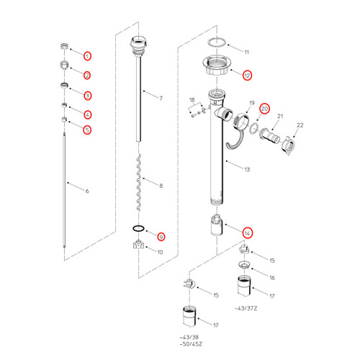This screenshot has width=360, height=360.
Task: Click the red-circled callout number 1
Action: tap(87, 55)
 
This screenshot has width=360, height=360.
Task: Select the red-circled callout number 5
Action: tap(87, 130)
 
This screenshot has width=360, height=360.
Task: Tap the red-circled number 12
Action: tap(247, 74)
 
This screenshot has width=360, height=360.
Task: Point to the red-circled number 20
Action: tap(264, 109)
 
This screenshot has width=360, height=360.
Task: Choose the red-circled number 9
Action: tap(161, 235)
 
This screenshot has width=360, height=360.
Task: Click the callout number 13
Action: tap(246, 170)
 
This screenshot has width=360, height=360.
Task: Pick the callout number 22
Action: tap(300, 125)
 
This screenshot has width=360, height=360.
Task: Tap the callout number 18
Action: tap(192, 99)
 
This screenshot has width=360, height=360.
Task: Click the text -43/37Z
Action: tap(246, 308)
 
